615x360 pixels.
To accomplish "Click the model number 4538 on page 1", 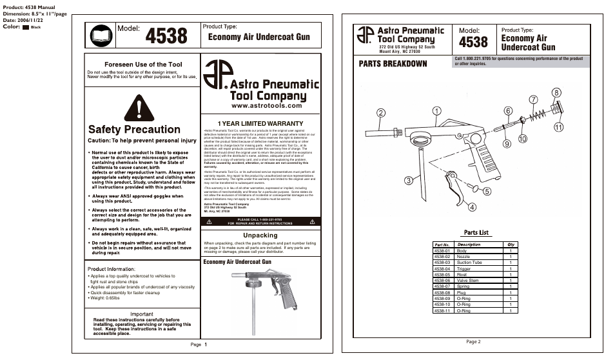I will click(166, 36).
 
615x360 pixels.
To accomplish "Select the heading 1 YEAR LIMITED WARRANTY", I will click(260, 123).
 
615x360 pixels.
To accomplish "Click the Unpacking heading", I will click(260, 235).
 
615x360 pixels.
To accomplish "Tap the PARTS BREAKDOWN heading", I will click(393, 63).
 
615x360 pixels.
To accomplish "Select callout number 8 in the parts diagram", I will click(556, 93).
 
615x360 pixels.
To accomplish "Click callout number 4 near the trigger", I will click(472, 207).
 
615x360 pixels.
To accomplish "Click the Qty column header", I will click(511, 245).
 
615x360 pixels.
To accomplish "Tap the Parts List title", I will click(476, 232).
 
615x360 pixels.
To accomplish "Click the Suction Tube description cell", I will click(469, 263).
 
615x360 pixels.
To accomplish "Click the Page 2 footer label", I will click(473, 341).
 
